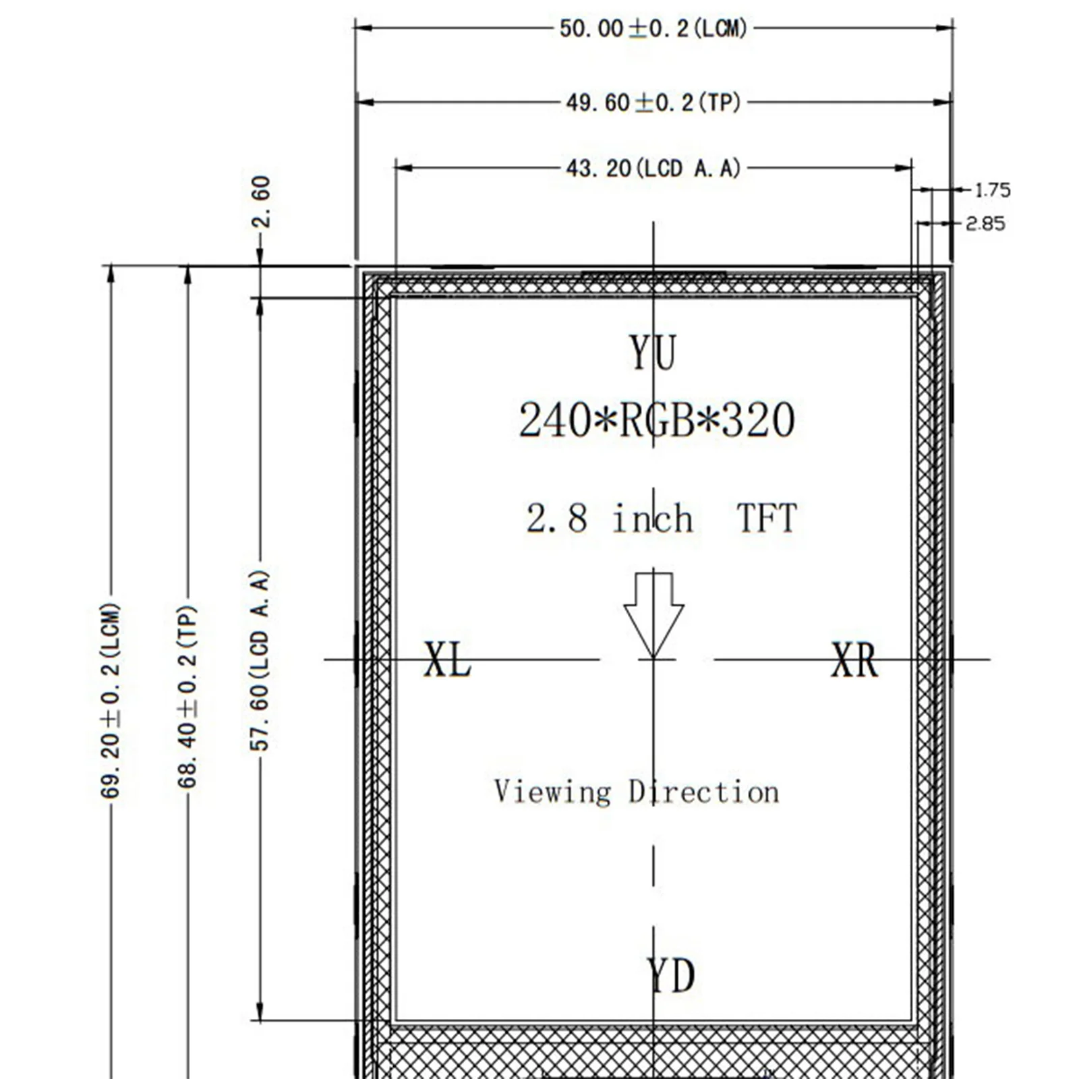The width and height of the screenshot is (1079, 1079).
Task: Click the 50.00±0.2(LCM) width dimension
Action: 653,29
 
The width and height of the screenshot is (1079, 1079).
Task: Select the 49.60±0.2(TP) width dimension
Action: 653,103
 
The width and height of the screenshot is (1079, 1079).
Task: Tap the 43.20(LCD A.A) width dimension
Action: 653,168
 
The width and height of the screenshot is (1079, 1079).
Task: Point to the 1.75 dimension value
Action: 993,190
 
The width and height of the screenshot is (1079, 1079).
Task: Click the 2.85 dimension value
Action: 985,223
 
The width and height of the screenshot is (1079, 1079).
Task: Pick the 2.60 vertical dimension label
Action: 260,202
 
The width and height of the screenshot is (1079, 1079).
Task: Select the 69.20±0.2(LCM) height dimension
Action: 111,701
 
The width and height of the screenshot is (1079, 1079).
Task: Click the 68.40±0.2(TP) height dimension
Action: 187,697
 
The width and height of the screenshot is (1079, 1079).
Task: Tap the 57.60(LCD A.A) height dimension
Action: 260,660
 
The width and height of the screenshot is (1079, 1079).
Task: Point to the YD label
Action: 670,976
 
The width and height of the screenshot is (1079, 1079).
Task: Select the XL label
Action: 447,659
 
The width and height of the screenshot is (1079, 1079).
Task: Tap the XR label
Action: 855,660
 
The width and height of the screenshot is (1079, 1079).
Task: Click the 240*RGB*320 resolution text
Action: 657,420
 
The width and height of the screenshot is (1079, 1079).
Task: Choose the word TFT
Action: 767,518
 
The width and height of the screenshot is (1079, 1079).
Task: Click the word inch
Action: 652,518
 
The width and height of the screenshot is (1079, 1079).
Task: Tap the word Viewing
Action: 552,792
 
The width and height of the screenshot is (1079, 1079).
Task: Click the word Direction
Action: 704,791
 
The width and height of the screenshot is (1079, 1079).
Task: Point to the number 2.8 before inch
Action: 556,519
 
